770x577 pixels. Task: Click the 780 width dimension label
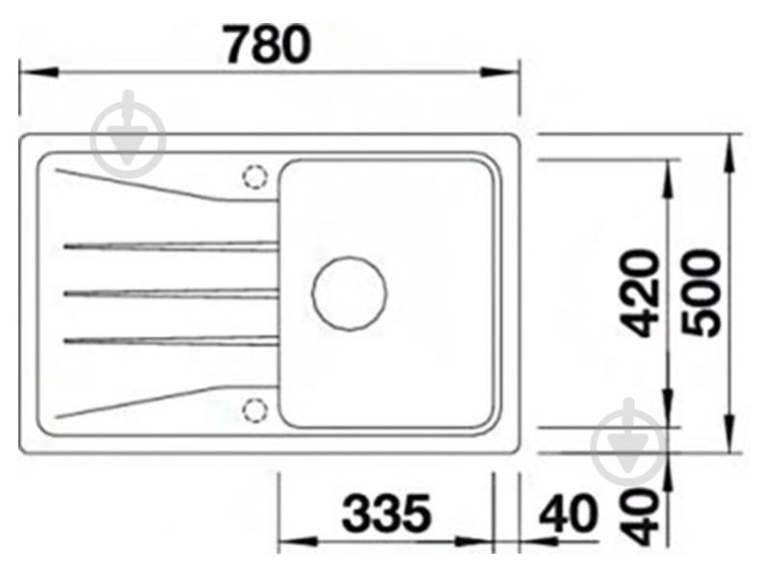(268, 44)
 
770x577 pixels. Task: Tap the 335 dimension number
(386, 513)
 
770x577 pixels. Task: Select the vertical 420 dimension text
(639, 294)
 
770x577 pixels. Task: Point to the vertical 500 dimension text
(702, 293)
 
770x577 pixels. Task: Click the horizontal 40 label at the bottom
(569, 513)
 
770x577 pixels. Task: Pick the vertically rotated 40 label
(639, 516)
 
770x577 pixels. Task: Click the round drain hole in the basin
(350, 294)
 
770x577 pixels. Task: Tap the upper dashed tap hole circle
(255, 176)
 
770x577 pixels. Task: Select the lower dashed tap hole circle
(255, 410)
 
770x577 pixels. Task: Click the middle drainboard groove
(172, 294)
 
